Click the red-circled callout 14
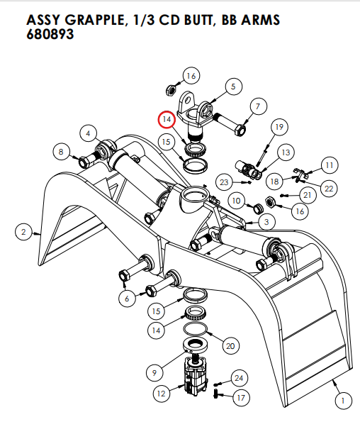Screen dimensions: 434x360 [167, 120]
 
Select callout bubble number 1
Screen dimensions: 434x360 [342, 401]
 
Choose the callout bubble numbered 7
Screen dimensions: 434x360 [257, 107]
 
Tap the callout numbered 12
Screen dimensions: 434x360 [162, 391]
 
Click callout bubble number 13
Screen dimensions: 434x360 [286, 152]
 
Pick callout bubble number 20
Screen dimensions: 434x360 [230, 345]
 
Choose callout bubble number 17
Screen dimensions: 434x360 [240, 398]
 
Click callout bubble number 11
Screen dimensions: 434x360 [329, 165]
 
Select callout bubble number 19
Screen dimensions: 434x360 [279, 127]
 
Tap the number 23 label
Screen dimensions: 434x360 [224, 182]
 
